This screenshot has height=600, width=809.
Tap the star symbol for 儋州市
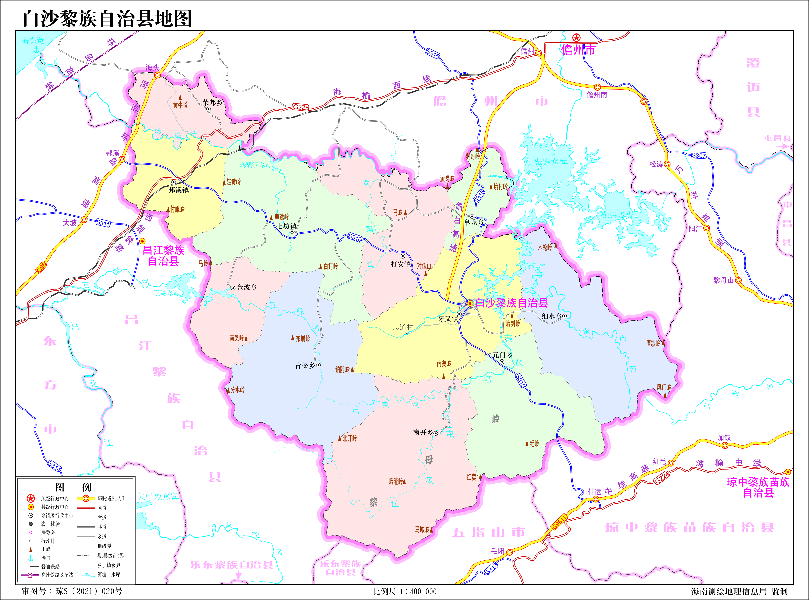(x=576, y=37)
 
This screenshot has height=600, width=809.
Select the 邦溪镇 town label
(x=178, y=190)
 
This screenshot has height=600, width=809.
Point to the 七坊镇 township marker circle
(x=292, y=231)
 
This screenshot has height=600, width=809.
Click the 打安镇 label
(x=400, y=264)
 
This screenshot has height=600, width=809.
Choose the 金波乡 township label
(x=247, y=287)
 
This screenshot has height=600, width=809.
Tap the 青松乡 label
(x=305, y=365)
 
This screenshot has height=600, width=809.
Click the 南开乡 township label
(x=423, y=433)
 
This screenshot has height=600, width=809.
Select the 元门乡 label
(x=502, y=355)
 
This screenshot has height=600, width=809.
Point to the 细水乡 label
(x=551, y=316)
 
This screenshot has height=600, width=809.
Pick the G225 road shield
(x=301, y=107)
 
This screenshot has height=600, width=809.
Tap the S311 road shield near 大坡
(x=103, y=223)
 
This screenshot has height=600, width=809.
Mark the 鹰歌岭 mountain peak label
(x=653, y=343)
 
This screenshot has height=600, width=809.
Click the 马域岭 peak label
(x=422, y=529)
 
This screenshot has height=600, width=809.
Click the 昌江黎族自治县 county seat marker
(x=143, y=241)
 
